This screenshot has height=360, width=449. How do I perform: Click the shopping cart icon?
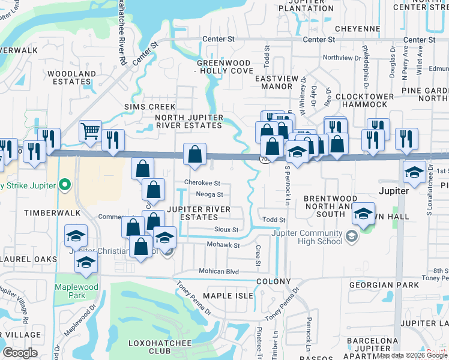click(x=90, y=130)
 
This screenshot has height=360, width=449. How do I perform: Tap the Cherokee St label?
click(x=202, y=183)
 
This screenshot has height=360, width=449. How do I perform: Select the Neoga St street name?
click(x=209, y=194)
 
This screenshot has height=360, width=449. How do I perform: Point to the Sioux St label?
click(x=227, y=229)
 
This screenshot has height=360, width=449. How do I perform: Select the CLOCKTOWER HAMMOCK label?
click(x=364, y=100)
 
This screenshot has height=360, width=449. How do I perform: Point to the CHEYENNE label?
click(x=357, y=28)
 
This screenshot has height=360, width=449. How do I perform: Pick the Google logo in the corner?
click(x=20, y=353)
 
